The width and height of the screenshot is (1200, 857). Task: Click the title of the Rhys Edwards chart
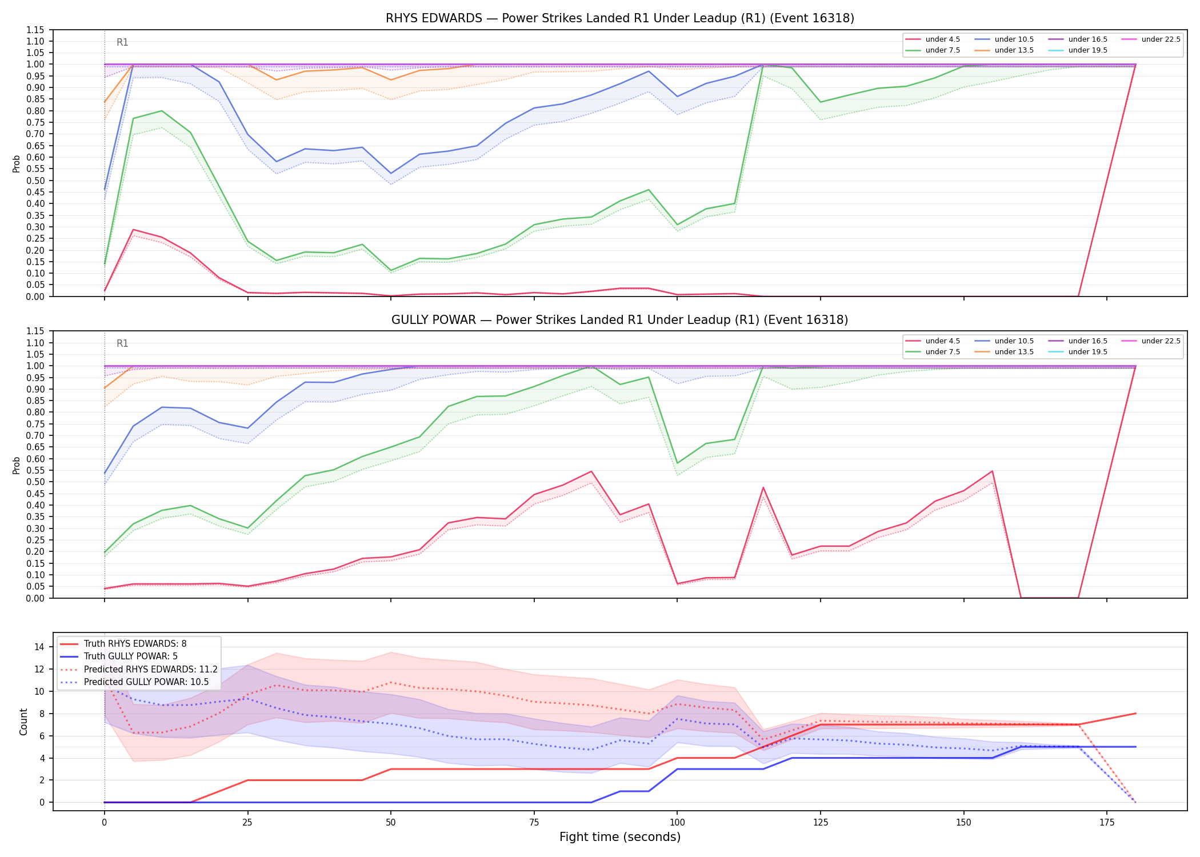(x=620, y=18)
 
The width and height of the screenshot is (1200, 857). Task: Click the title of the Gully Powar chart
(x=620, y=320)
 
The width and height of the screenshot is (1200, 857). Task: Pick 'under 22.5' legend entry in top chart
(x=1151, y=39)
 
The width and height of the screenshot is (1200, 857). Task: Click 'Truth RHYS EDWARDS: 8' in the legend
(x=123, y=644)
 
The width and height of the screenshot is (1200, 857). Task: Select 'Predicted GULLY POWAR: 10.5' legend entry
(x=134, y=682)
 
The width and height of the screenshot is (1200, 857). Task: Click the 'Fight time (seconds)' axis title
(x=620, y=837)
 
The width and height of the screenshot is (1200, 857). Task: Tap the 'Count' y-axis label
(x=23, y=722)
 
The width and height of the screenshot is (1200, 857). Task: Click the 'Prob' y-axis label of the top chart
(x=17, y=164)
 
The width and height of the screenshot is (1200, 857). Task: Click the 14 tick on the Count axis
(x=39, y=647)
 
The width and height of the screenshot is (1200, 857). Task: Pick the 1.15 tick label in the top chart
(x=36, y=30)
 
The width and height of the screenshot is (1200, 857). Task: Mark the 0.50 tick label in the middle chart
(x=36, y=482)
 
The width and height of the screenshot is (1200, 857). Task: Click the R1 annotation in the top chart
(x=122, y=42)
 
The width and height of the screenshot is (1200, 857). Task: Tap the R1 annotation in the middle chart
(x=122, y=343)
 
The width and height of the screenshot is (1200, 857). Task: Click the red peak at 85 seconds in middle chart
(x=591, y=471)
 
